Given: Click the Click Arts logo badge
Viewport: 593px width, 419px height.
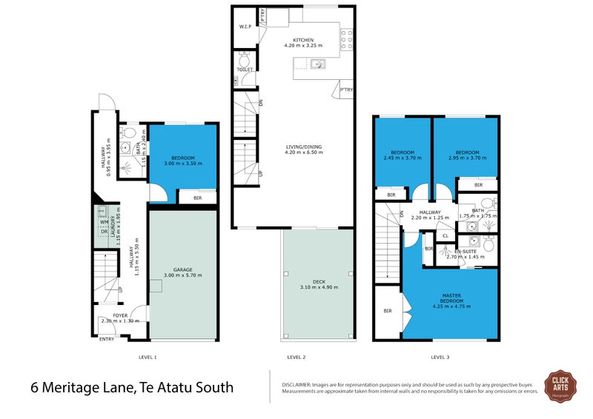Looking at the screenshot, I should point(560,386).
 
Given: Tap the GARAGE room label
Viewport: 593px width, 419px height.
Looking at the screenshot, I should point(182,269).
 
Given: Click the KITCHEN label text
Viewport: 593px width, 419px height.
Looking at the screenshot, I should point(303,40).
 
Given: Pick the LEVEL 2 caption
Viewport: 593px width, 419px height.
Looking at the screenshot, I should point(296,358).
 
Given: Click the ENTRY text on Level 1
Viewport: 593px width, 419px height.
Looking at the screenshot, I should point(107,339).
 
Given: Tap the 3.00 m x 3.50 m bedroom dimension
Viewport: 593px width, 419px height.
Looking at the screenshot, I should point(182,163).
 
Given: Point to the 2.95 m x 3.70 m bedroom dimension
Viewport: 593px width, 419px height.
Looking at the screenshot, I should point(467,157).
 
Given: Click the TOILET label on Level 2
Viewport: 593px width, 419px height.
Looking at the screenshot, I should point(245,70).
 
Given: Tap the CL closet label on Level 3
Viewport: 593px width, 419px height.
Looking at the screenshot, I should point(445,235).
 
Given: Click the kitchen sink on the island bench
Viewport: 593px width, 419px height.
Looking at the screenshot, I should point(317,64).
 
